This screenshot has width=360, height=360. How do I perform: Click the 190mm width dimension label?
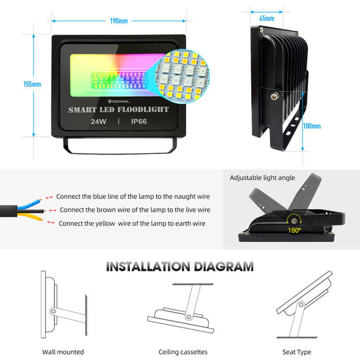click(119, 21)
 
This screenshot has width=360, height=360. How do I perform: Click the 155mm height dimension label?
click(32, 84)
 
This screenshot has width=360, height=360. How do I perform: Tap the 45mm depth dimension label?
click(267, 18)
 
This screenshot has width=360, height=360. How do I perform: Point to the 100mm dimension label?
click(311, 125)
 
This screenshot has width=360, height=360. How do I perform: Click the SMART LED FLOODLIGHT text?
click(119, 109)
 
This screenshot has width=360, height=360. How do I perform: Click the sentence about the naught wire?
click(133, 197)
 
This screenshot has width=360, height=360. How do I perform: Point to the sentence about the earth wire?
click(133, 223)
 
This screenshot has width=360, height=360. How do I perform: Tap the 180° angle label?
click(295, 230)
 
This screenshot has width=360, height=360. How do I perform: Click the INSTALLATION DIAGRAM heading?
click(180, 267)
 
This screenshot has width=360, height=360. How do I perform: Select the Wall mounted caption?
click(63, 351)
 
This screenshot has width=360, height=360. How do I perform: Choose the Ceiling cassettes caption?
click(183, 351)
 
